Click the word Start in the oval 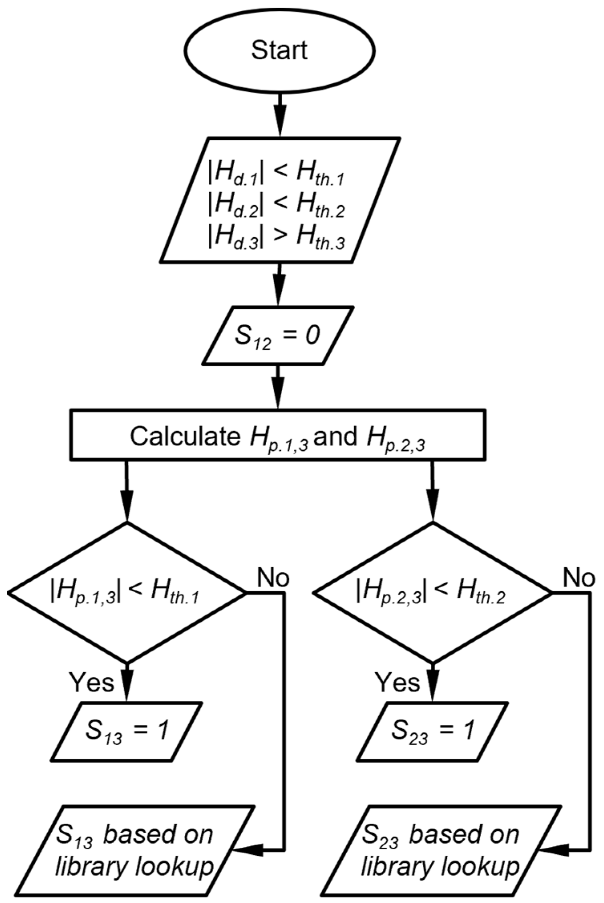coord(279,50)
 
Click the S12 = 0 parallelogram coord(278,336)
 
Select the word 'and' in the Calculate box coord(335,436)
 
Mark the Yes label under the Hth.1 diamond coord(92,682)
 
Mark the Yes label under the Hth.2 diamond coord(398,682)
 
